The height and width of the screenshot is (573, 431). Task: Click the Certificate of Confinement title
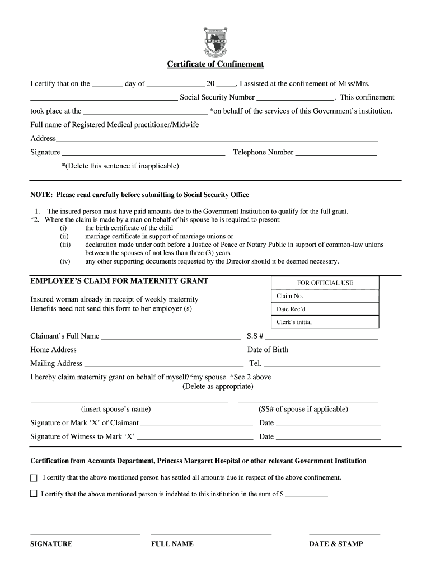click(x=215, y=64)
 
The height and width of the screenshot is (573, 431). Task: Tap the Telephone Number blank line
click(x=335, y=154)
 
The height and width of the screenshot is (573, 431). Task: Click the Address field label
click(x=43, y=138)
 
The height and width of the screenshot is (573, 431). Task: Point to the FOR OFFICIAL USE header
click(x=325, y=283)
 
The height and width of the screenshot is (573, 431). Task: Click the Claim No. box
click(x=325, y=296)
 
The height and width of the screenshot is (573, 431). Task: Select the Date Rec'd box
click(x=325, y=309)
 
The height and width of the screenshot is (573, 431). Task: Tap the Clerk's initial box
click(x=325, y=322)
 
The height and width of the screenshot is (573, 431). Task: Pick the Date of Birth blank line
click(x=335, y=353)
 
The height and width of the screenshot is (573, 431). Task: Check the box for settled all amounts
click(x=34, y=478)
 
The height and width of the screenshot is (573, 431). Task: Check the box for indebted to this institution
click(x=34, y=494)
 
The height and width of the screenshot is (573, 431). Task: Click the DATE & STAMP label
click(x=336, y=544)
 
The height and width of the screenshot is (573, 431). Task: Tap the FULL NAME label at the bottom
click(x=172, y=544)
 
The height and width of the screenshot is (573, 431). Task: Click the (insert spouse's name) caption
click(x=116, y=409)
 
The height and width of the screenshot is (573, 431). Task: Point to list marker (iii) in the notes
click(x=65, y=245)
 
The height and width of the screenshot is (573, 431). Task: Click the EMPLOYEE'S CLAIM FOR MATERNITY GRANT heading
click(x=119, y=281)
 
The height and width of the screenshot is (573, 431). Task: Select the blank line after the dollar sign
click(x=307, y=496)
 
